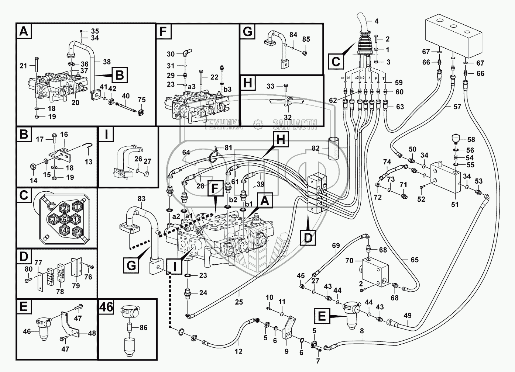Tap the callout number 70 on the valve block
pyautogui.click(x=349, y=261)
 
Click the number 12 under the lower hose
pyautogui.click(x=239, y=351)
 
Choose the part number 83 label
pyautogui.click(x=142, y=199)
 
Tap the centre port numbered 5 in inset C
pyautogui.click(x=64, y=219)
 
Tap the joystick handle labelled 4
pyautogui.click(x=362, y=26)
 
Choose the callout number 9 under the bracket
pyautogui.click(x=286, y=351)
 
